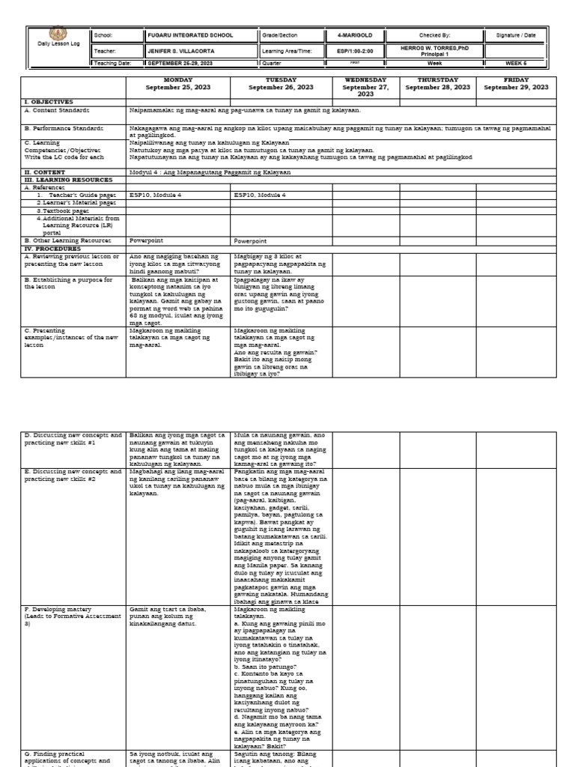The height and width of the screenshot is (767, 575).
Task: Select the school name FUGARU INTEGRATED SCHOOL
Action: (x=190, y=35)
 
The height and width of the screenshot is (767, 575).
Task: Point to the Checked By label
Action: (x=434, y=35)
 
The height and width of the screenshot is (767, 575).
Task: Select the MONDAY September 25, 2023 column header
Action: (x=178, y=83)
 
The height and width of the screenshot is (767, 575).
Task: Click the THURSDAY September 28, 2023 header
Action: (x=437, y=83)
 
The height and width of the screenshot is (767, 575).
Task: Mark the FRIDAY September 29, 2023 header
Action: (x=516, y=83)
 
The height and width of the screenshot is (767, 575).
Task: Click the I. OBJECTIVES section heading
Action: (x=49, y=101)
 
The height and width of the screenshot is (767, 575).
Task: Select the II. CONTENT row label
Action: (x=46, y=172)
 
